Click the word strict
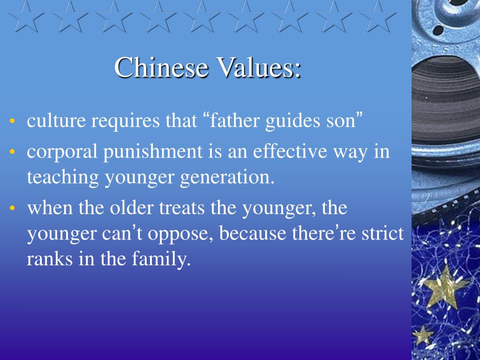382,233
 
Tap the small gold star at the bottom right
423,335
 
